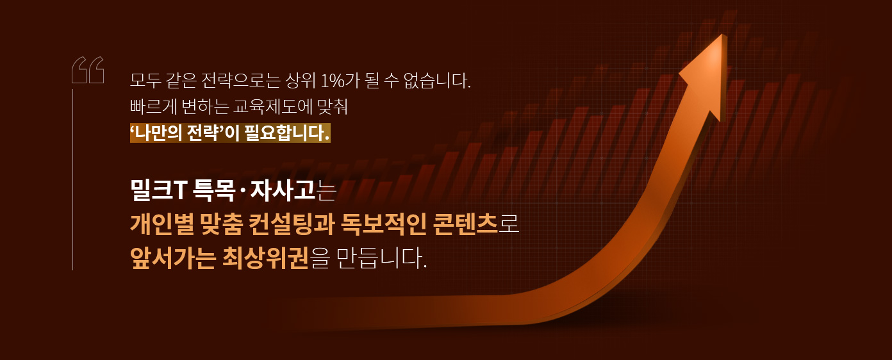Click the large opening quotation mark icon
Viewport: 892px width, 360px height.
(88, 70)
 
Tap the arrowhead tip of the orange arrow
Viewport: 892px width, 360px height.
(722, 35)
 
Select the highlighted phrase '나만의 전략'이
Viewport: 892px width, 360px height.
(185, 133)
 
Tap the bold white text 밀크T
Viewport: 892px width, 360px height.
(158, 190)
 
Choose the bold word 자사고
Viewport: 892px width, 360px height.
(283, 190)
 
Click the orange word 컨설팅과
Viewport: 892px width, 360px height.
(292, 224)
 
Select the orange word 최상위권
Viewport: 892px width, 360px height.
(265, 258)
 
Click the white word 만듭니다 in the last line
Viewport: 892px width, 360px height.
(381, 258)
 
